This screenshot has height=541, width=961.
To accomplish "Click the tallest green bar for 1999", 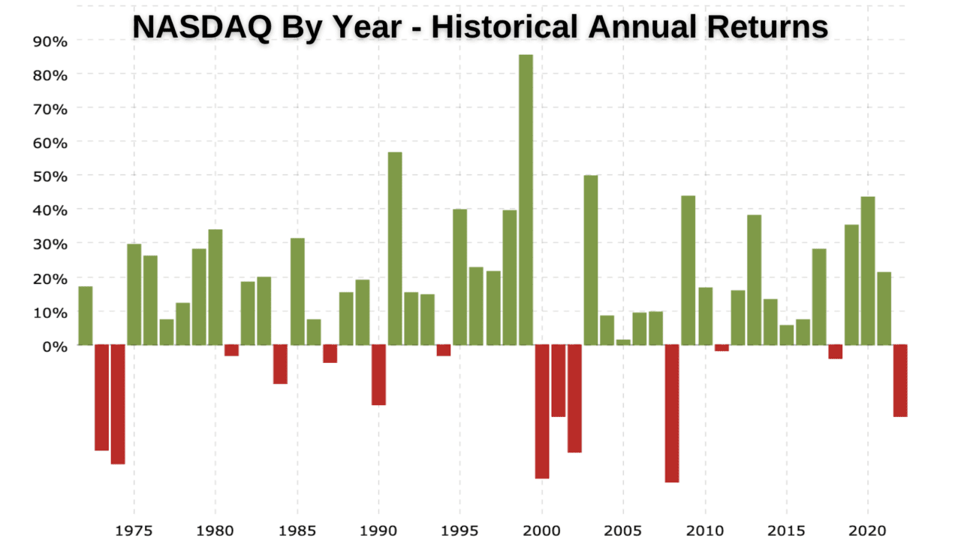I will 526,199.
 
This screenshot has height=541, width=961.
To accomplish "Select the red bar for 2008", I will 672,413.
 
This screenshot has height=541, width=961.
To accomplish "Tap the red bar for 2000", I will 542,411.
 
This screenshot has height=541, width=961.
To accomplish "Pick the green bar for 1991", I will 395,248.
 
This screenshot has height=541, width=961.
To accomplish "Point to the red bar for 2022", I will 900,380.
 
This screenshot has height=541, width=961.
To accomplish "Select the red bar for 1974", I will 118,404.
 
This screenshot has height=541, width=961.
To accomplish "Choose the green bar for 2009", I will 688,270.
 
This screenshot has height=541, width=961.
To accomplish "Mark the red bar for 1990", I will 378,375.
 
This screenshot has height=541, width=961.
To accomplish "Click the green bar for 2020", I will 868,270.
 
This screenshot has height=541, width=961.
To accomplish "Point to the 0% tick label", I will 55,346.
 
